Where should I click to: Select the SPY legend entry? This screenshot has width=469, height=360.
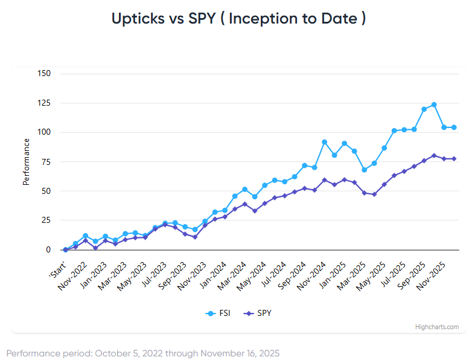point(258,313)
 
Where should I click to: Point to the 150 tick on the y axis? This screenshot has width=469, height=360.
point(44,74)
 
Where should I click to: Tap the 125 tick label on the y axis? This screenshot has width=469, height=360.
point(44,103)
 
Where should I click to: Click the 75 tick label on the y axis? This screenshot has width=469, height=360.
point(46,162)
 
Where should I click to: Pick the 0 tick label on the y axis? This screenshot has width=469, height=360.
point(48,249)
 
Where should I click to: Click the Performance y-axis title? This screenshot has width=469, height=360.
point(27,161)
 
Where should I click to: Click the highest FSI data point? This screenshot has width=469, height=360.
point(434,105)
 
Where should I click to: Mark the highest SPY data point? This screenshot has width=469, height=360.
point(434,155)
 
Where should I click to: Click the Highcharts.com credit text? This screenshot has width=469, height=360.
point(437,327)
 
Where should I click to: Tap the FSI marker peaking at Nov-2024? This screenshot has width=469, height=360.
point(325,142)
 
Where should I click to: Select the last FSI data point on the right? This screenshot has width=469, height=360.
point(454,127)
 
